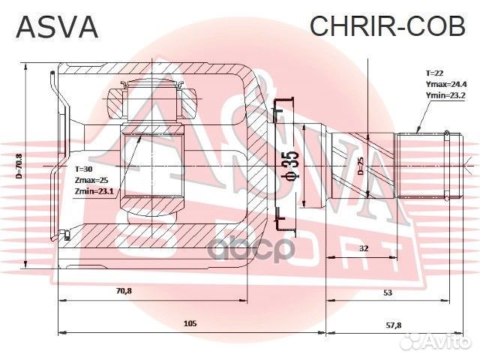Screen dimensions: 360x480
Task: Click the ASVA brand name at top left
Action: click(x=56, y=28)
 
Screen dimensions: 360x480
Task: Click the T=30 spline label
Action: click(x=83, y=169)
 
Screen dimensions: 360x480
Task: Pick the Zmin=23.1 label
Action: click(x=94, y=192)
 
